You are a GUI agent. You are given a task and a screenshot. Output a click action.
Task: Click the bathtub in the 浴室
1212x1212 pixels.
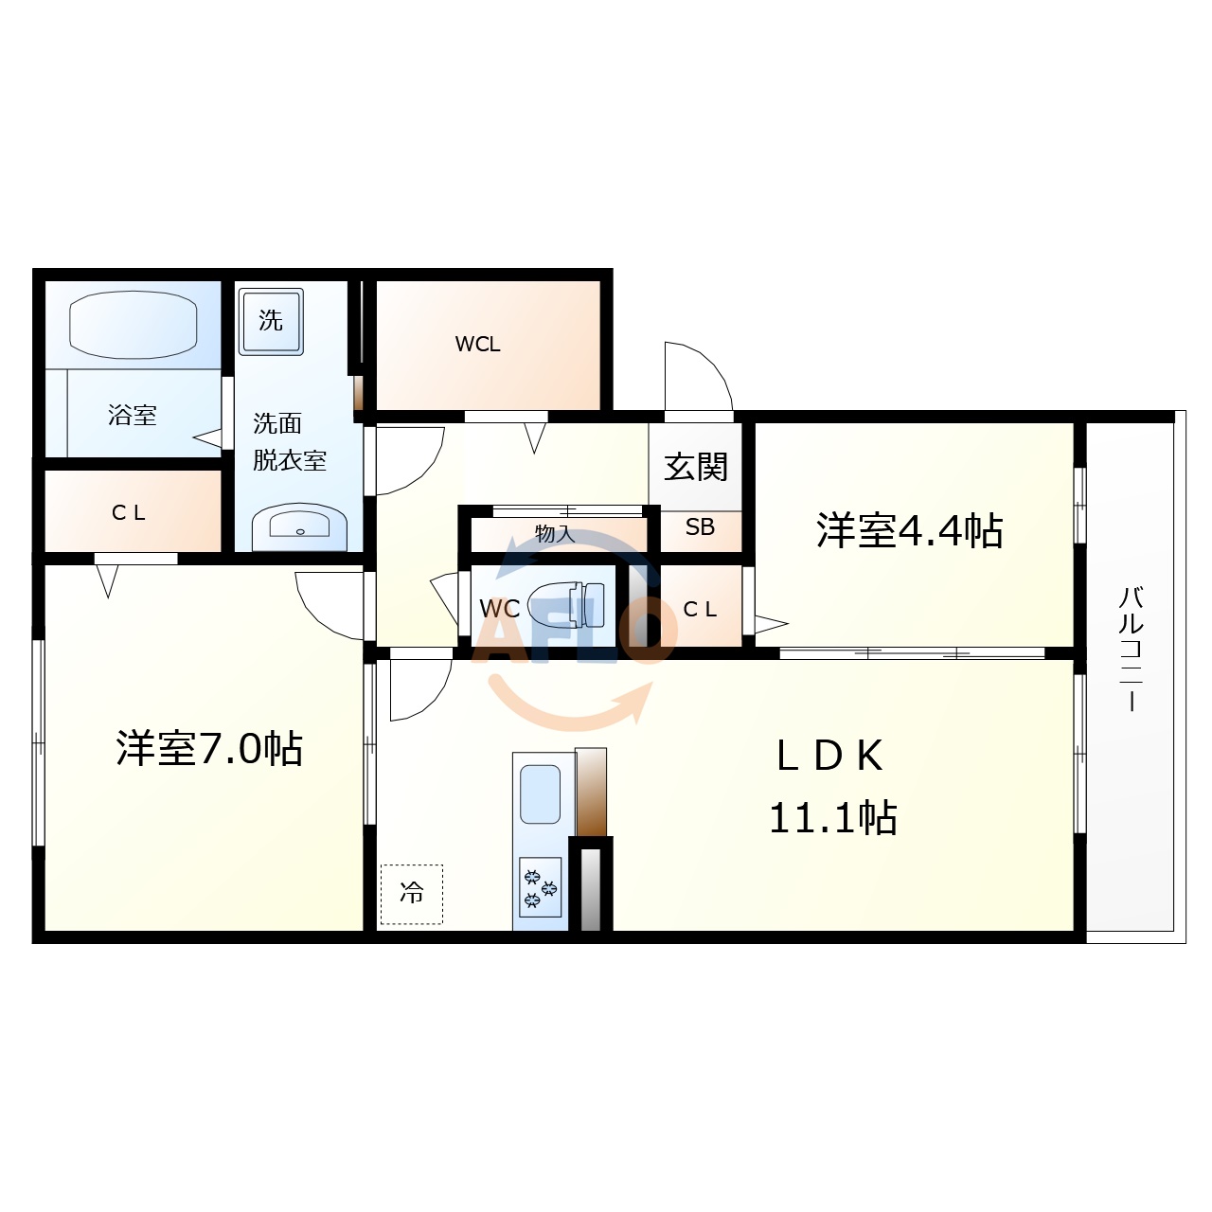(133, 324)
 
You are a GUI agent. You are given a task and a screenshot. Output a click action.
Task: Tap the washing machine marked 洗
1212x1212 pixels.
(271, 321)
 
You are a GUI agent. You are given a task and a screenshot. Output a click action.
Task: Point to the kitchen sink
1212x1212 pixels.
(541, 794)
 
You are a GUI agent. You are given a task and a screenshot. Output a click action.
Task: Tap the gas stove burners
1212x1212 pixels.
(541, 888)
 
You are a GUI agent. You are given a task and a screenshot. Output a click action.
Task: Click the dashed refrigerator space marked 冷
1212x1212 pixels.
(412, 893)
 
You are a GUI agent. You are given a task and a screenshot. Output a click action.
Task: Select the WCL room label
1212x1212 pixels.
(478, 345)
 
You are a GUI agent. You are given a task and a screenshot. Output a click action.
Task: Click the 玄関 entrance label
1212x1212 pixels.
(696, 466)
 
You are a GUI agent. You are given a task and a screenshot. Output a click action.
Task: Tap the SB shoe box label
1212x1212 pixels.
(700, 527)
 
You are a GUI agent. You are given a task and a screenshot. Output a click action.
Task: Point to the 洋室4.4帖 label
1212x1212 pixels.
(909, 531)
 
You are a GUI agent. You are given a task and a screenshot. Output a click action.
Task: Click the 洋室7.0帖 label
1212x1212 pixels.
(209, 749)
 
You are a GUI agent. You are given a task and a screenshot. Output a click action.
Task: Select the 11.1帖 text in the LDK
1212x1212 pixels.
(832, 818)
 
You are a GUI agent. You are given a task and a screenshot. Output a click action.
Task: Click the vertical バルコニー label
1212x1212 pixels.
(1132, 648)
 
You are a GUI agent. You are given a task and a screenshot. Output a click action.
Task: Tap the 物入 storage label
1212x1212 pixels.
(555, 533)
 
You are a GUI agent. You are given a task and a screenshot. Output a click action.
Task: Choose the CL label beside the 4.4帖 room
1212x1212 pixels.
(700, 610)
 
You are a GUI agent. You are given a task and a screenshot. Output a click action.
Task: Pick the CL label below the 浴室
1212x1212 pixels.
(129, 513)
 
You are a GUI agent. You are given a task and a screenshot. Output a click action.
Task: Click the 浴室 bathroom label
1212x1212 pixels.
(133, 415)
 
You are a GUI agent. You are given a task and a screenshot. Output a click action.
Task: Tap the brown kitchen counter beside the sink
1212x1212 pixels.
(591, 792)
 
